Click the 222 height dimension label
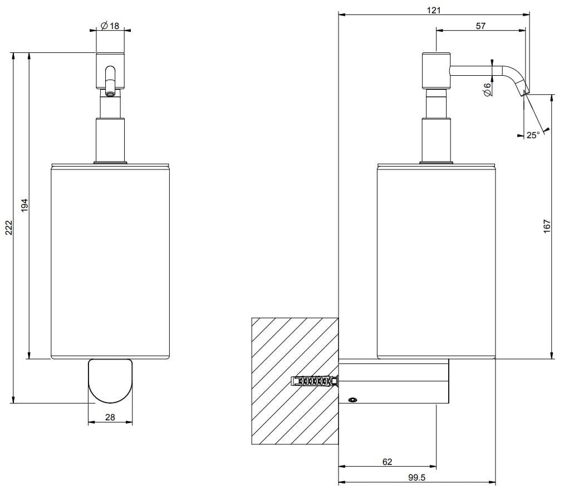click(8, 227)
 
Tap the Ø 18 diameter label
click(110, 26)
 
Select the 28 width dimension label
click(110, 417)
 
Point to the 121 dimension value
click(434, 10)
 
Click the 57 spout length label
click(481, 26)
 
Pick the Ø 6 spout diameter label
click(487, 89)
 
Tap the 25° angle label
click(533, 135)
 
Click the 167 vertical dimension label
click(547, 225)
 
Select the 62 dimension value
click(388, 462)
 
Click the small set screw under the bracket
click(352, 400)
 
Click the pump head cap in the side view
click(436, 70)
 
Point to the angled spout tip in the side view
click(523, 88)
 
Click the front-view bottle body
click(110, 262)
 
